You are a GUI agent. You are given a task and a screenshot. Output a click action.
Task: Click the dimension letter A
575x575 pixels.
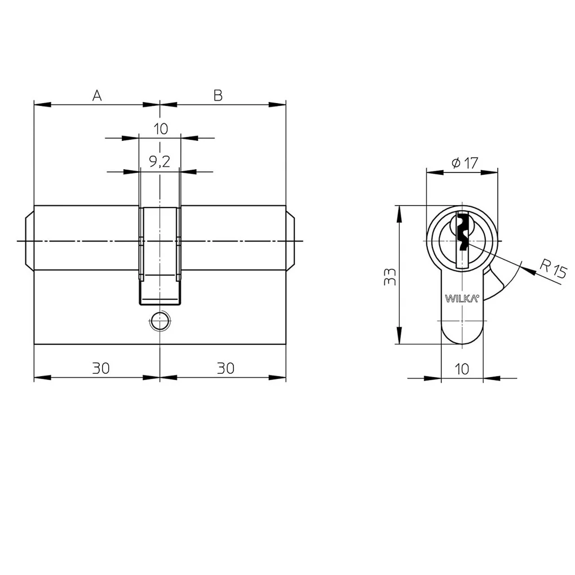[x=97, y=95]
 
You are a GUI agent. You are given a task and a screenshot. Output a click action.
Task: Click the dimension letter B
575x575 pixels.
[x=218, y=95]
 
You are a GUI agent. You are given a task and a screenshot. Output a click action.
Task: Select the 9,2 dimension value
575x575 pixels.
[x=160, y=161]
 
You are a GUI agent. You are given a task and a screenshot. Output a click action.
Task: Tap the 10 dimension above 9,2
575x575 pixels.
[x=161, y=129]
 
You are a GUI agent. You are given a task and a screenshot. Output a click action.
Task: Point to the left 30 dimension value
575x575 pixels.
[x=101, y=368]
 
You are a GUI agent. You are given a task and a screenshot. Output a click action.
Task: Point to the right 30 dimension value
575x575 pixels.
[x=225, y=368]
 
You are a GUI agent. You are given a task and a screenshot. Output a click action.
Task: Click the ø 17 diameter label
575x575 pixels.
[x=465, y=162]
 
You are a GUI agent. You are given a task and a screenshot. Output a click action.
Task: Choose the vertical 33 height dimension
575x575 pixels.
[x=390, y=276]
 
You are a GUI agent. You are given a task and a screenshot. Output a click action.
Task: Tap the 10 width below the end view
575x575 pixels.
[x=462, y=369]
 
